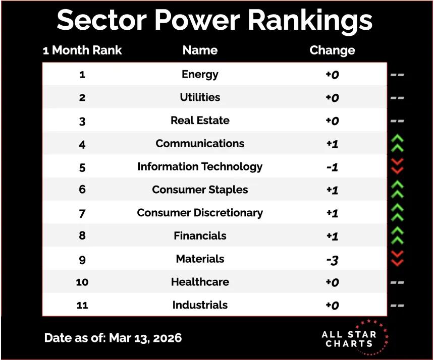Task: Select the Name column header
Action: pyautogui.click(x=200, y=50)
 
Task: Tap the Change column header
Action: pyautogui.click(x=332, y=50)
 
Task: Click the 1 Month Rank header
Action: pyautogui.click(x=82, y=50)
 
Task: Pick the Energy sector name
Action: pyautogui.click(x=200, y=75)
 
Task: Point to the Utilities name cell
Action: pyautogui.click(x=200, y=97)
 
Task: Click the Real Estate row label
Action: pyautogui.click(x=200, y=121)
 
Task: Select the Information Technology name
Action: pyautogui.click(x=200, y=167)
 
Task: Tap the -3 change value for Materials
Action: pyautogui.click(x=332, y=259)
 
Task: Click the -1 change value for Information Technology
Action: pyautogui.click(x=332, y=167)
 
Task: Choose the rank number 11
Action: pyautogui.click(x=82, y=305)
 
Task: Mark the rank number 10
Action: pyautogui.click(x=82, y=282)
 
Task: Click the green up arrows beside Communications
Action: pyautogui.click(x=397, y=144)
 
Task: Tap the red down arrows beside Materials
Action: pyautogui.click(x=397, y=259)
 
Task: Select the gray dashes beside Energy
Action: pyautogui.click(x=397, y=75)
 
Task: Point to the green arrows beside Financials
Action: pyautogui.click(x=397, y=235)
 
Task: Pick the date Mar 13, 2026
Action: pyautogui.click(x=145, y=338)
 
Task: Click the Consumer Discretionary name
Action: pyautogui.click(x=200, y=213)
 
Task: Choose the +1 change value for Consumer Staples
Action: pyautogui.click(x=332, y=190)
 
